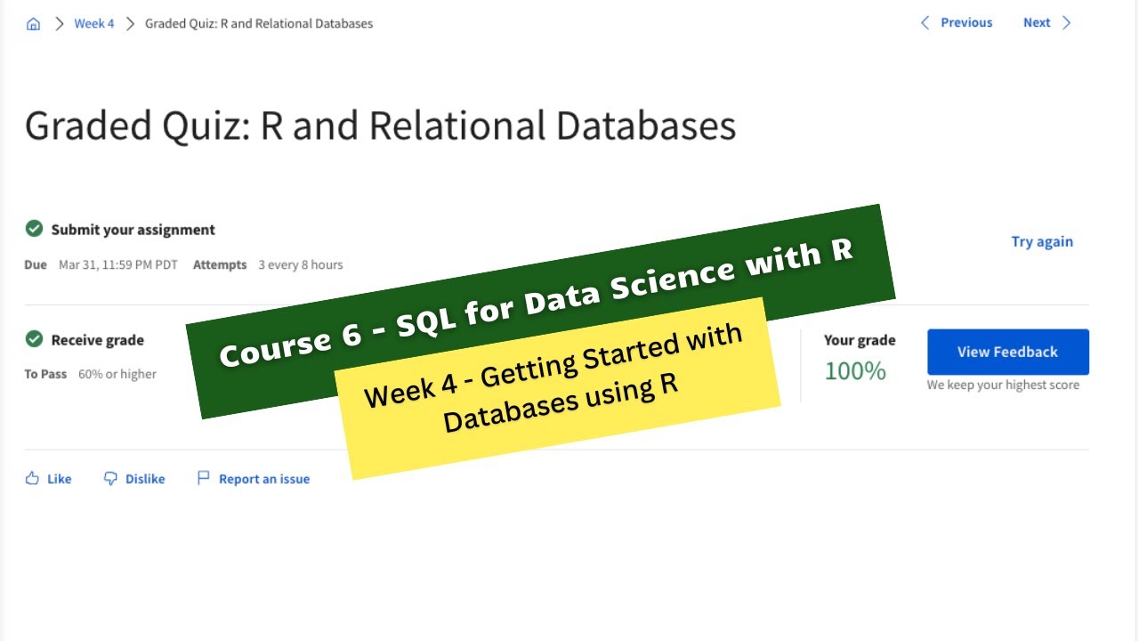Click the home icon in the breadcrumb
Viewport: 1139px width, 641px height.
pos(33,24)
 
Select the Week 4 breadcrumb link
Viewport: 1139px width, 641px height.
pos(93,23)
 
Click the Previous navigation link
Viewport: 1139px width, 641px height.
pos(957,22)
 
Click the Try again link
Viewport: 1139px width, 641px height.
pos(1041,241)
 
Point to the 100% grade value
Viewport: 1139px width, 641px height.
pos(854,370)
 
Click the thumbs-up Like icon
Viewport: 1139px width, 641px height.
pos(32,478)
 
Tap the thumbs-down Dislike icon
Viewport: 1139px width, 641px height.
pos(110,478)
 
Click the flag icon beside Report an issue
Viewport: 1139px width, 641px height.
pos(204,478)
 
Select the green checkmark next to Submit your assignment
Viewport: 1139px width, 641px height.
pos(34,229)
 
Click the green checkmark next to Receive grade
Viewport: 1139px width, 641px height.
pos(34,339)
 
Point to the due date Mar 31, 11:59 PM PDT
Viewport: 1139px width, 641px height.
pos(117,264)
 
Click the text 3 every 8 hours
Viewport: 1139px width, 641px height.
pos(300,264)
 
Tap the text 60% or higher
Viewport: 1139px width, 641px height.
pos(117,374)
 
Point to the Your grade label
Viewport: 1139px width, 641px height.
pos(859,340)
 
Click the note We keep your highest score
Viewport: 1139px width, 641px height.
pos(1003,385)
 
